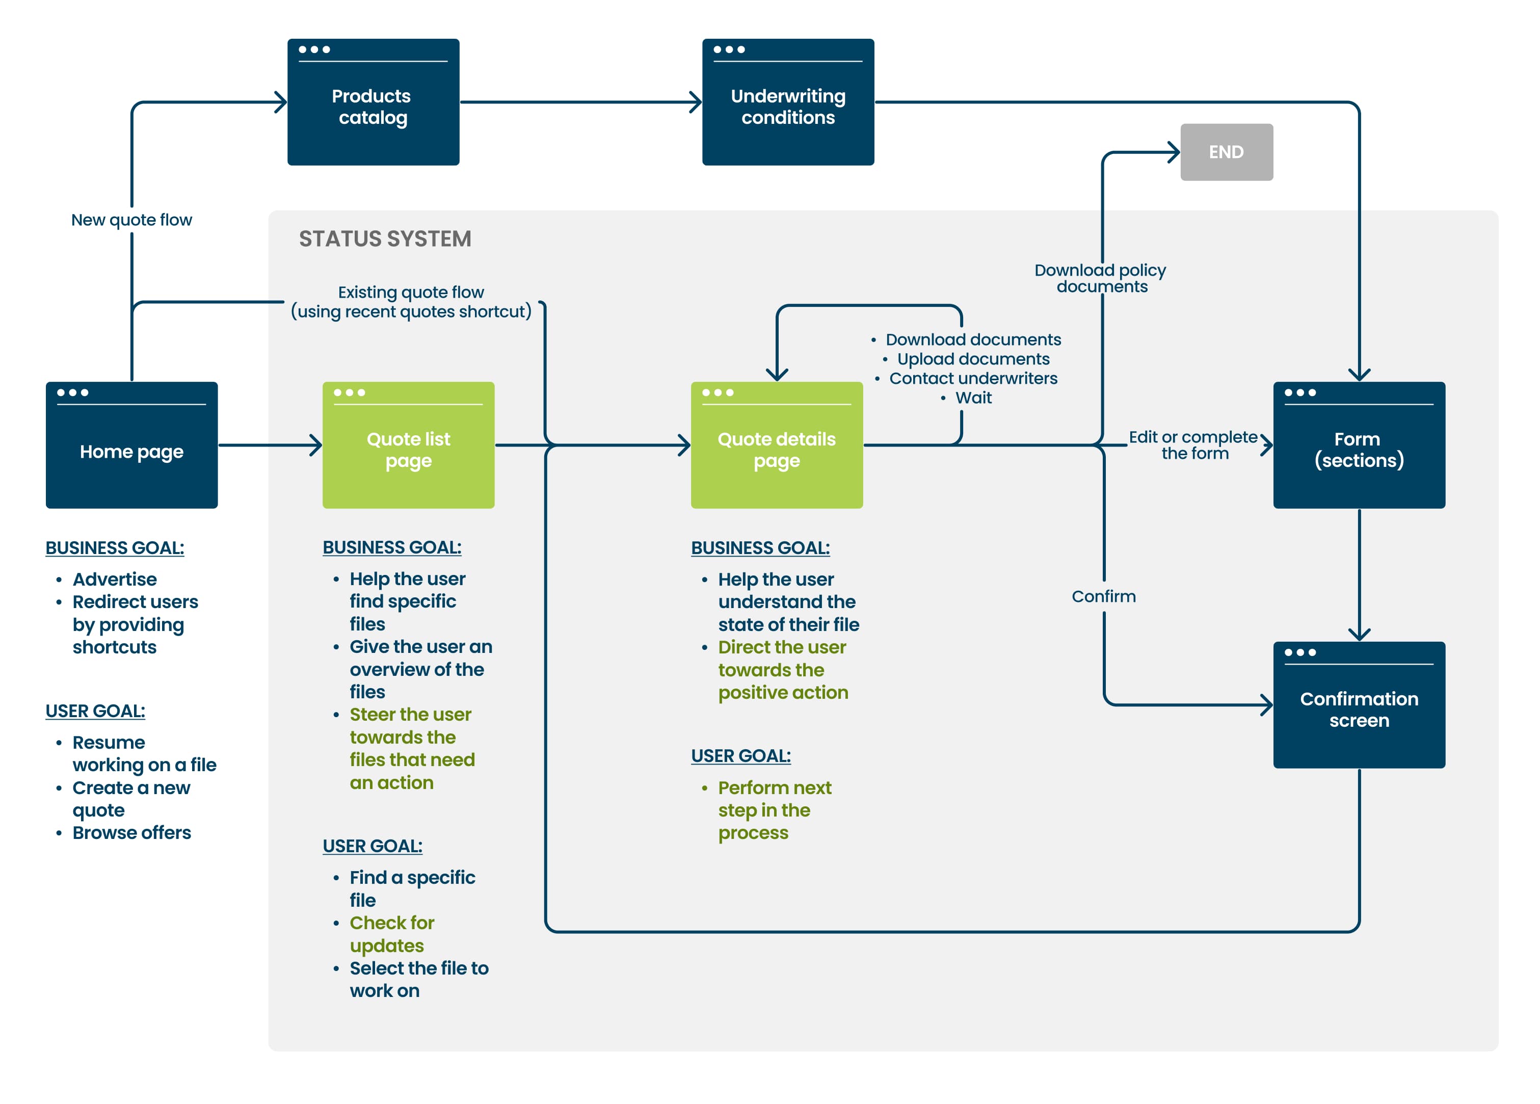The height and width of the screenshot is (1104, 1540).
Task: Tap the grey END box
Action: (1226, 152)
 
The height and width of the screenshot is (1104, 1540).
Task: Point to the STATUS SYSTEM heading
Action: (385, 239)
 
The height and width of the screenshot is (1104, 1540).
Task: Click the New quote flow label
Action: (131, 220)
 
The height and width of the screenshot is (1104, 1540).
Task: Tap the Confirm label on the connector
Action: (1103, 596)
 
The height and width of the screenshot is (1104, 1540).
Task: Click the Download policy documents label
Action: (1101, 278)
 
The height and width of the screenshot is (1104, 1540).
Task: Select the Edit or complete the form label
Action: (1193, 445)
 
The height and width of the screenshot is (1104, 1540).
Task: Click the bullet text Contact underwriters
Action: (972, 378)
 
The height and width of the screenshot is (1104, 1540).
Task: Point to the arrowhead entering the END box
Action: (1174, 152)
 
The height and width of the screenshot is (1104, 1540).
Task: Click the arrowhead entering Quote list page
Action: (316, 445)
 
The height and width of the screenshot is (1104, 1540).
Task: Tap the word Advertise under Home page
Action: (115, 579)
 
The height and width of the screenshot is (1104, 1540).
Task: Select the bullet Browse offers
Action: (131, 832)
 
